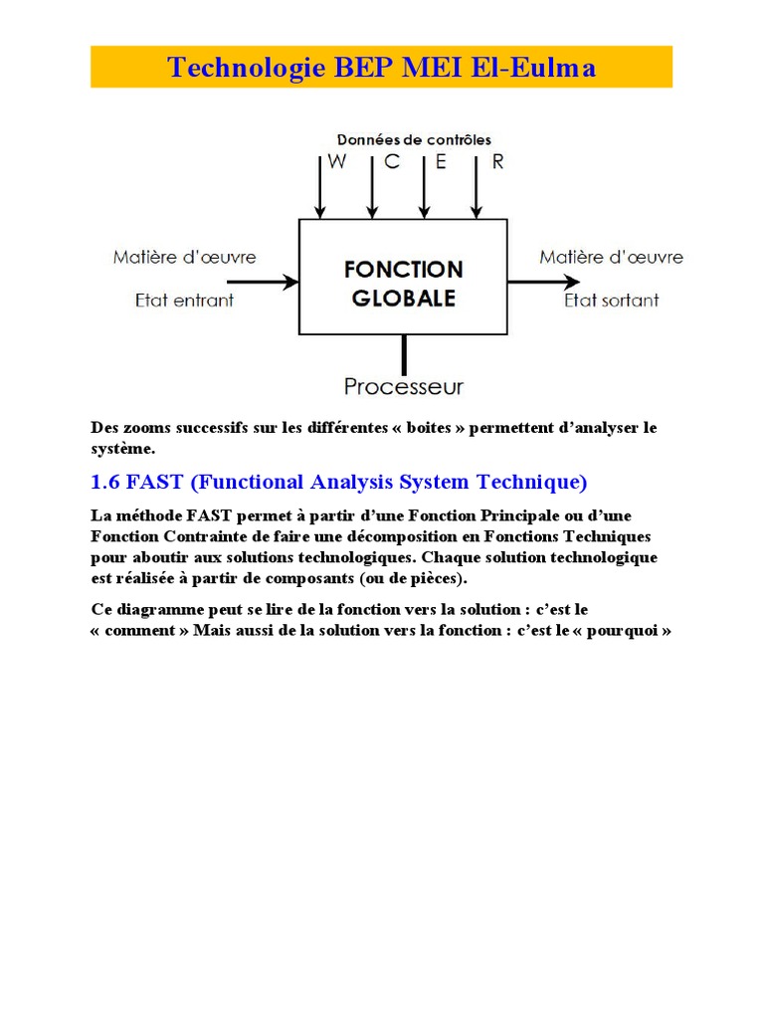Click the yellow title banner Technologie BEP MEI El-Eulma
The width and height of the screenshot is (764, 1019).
[382, 67]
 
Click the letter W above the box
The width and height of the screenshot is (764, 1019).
[337, 162]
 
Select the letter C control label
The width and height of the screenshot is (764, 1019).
[392, 162]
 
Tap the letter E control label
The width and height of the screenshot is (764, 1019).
[442, 162]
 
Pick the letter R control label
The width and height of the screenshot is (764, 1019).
[497, 162]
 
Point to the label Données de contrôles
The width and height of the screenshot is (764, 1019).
[414, 140]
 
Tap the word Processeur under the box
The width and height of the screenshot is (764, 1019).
[403, 386]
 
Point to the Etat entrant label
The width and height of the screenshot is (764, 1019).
[184, 300]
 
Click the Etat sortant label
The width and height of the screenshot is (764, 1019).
[611, 300]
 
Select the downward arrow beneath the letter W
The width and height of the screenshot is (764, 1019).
[319, 189]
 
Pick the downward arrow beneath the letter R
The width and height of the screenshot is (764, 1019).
[477, 189]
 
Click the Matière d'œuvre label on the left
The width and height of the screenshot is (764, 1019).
[184, 257]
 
